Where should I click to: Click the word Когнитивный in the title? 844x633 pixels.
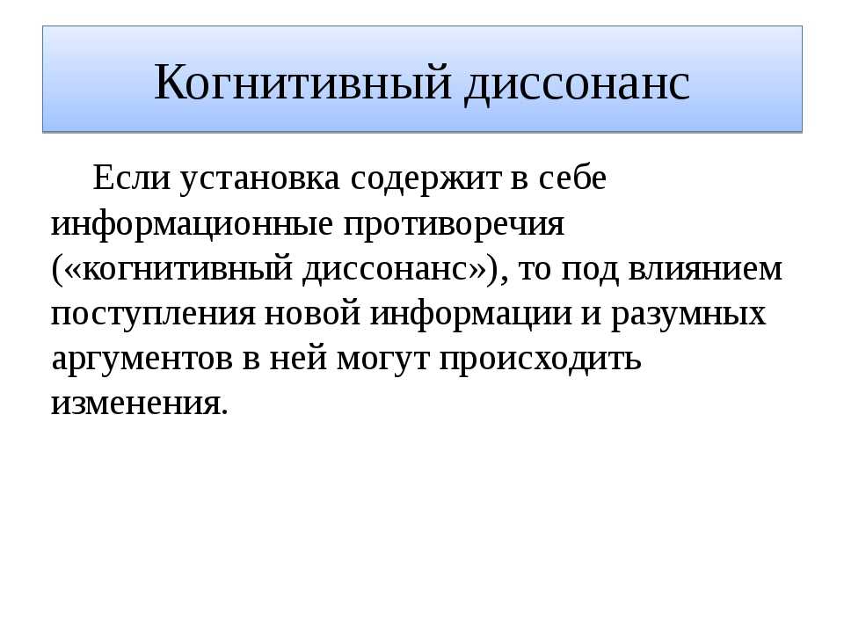(x=302, y=82)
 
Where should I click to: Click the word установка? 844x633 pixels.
(x=259, y=179)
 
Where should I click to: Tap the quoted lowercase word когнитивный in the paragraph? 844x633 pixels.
(x=188, y=269)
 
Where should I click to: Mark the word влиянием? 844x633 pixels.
(x=705, y=269)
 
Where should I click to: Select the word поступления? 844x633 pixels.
(x=153, y=315)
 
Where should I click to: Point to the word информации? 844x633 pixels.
(x=470, y=315)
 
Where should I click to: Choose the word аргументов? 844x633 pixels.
(x=142, y=360)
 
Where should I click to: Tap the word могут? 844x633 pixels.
(x=383, y=360)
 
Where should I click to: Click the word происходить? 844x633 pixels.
(x=541, y=360)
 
